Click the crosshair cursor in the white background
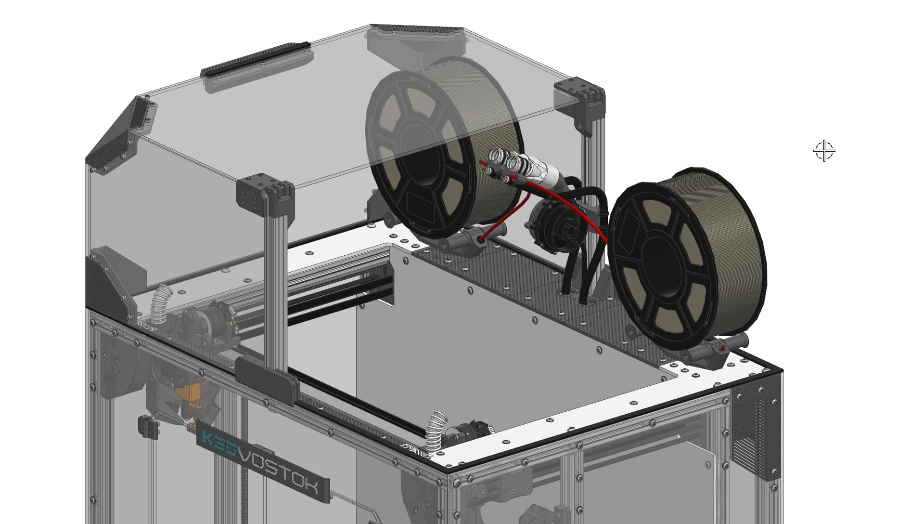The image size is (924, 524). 824,151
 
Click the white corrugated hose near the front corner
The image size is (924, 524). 436,430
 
